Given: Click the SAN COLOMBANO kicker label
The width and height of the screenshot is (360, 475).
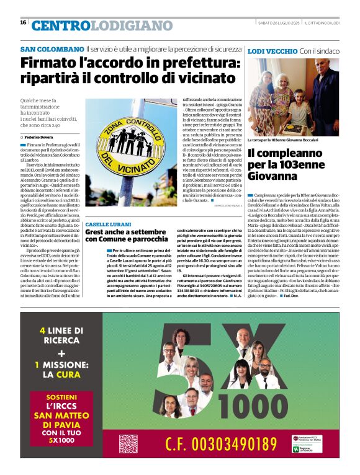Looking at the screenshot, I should click(x=52, y=48).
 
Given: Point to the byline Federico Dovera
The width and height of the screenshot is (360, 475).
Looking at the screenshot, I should click(x=41, y=136).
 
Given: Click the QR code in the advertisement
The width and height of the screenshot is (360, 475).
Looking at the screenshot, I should click(x=128, y=443).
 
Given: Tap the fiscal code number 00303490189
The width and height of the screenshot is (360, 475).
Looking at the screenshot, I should click(x=234, y=444).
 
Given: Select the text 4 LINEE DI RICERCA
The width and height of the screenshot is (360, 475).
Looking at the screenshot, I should click(x=61, y=335).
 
